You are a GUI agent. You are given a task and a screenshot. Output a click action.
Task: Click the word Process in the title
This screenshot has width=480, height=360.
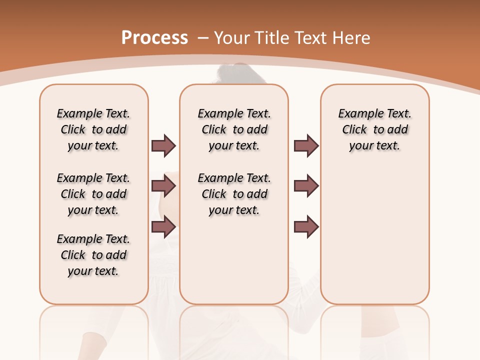154,37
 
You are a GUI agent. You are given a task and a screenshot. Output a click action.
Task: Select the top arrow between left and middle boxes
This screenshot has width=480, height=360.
163,145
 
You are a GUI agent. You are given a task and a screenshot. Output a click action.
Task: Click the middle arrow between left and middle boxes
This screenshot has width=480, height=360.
163,186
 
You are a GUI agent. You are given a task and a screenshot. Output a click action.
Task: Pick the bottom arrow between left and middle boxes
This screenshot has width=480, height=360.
163,227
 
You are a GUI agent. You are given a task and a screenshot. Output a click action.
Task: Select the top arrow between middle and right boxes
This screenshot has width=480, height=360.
306,145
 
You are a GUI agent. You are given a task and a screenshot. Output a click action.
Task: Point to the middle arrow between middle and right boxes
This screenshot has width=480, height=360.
306,186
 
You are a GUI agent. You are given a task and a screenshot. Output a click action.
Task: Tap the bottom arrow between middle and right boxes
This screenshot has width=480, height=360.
306,227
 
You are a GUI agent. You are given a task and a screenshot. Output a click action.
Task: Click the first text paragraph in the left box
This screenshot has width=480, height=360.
93,129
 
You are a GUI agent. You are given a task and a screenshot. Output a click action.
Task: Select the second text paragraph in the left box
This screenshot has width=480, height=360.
93,194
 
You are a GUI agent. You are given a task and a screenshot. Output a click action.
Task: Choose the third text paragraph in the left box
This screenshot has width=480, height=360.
93,255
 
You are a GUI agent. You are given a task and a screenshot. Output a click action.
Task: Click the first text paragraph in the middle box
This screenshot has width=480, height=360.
234,129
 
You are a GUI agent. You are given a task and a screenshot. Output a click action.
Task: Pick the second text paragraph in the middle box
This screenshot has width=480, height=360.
234,194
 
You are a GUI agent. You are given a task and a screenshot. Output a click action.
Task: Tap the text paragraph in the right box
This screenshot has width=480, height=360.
374,129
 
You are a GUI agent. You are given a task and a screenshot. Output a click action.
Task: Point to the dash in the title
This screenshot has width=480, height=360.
203,38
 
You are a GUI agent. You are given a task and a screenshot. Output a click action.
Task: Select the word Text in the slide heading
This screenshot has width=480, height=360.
310,38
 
